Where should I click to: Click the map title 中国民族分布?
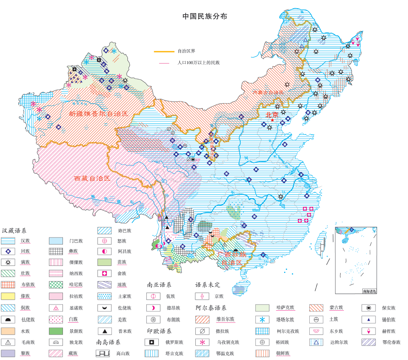coord(205,16)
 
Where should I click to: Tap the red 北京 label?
coord(272,115)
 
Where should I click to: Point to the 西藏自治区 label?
coord(92,178)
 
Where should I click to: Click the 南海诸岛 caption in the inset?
coord(369,291)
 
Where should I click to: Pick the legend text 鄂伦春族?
coord(391,342)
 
